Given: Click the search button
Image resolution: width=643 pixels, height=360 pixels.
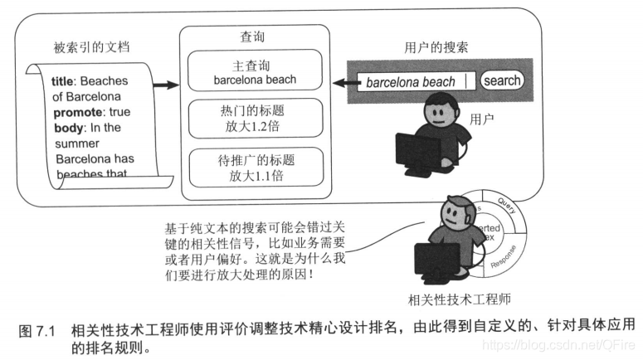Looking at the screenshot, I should pyautogui.click(x=502, y=80).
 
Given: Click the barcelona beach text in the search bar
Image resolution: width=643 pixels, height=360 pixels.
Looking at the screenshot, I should pyautogui.click(x=411, y=82).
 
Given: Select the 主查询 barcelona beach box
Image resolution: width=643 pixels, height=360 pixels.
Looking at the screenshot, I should pyautogui.click(x=255, y=71).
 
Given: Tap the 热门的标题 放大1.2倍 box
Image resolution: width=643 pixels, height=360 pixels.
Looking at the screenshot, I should pyautogui.click(x=255, y=118).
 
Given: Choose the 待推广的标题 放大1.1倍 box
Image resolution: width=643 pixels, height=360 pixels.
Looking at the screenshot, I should pyautogui.click(x=255, y=166).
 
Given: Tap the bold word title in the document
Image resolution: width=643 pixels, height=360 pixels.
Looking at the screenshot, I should pyautogui.click(x=63, y=82).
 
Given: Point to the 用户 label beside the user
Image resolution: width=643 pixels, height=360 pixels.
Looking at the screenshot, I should pyautogui.click(x=481, y=119).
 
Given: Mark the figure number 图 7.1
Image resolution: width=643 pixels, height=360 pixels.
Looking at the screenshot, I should pyautogui.click(x=37, y=330).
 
